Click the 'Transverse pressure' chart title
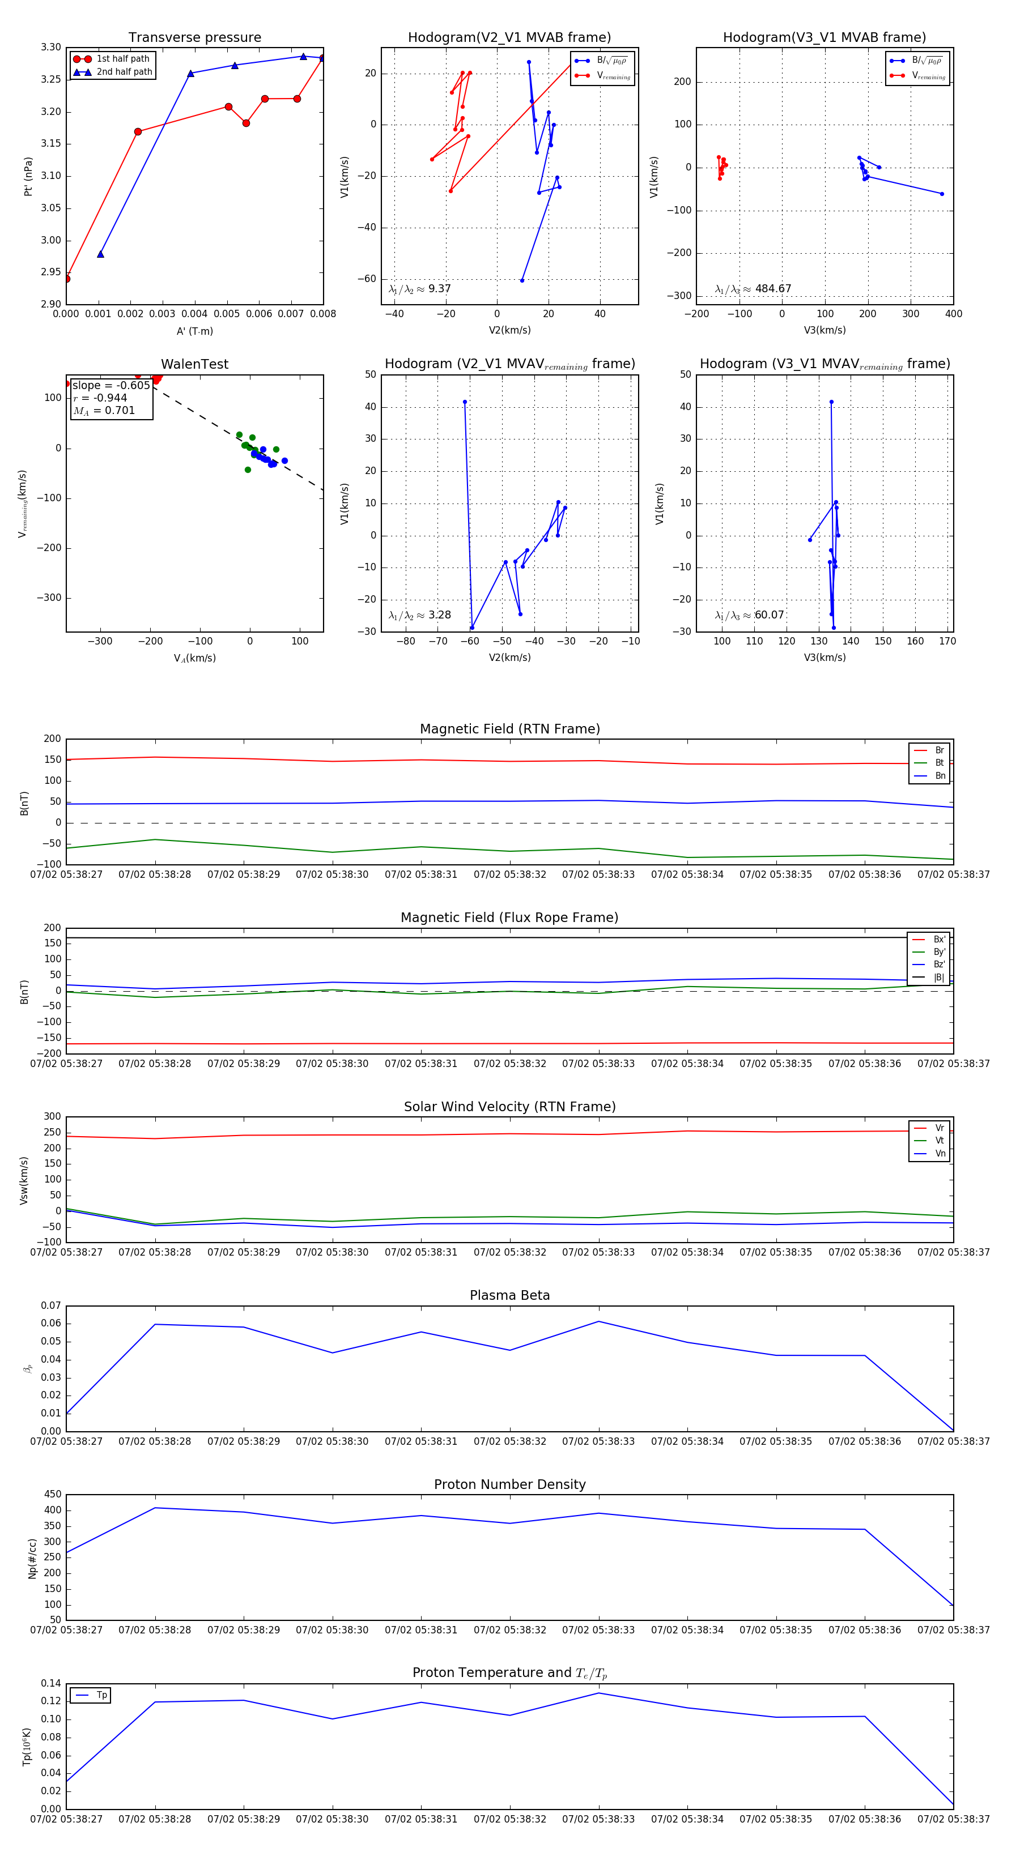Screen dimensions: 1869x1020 pos(194,38)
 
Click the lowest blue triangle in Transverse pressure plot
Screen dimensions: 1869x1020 pos(100,254)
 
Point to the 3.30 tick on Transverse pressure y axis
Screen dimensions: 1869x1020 pos(51,47)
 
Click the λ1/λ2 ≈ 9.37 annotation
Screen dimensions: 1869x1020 pos(419,289)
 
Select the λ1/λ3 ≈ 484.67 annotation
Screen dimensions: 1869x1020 pos(753,289)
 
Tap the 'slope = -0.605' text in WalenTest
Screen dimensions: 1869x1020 pos(111,385)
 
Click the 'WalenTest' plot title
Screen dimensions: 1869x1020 pos(194,364)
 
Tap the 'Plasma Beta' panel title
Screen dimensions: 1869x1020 pos(509,1295)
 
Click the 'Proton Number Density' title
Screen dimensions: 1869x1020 pos(509,1484)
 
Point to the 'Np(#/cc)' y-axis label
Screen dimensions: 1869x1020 pos(32,1557)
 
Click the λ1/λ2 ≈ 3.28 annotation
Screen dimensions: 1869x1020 pos(419,615)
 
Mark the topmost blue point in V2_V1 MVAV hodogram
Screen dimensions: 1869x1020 pos(465,402)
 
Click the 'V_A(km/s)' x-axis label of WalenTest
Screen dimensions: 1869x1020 pos(194,658)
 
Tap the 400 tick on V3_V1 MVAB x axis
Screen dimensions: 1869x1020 pos(953,314)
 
